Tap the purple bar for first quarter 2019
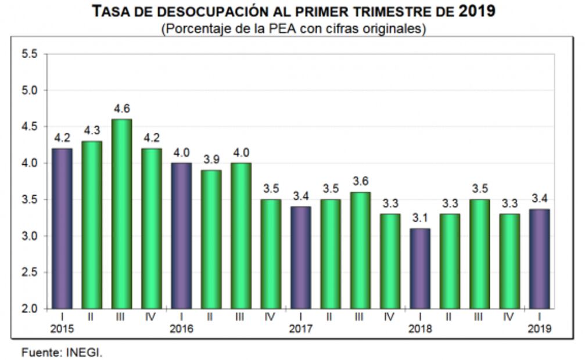pos(539,259)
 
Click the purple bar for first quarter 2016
pos(181,235)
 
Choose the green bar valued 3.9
pos(211,239)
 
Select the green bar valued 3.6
pos(360,250)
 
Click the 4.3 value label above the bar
pos(92,131)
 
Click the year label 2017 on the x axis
pos(300,329)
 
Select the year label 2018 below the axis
pos(419,329)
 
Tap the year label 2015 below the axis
pos(62,329)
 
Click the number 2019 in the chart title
pos(476,10)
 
